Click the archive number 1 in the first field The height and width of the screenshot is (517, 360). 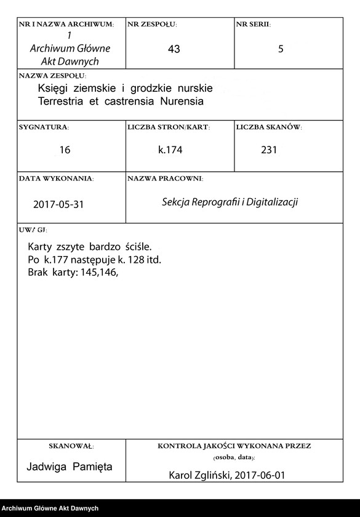68,36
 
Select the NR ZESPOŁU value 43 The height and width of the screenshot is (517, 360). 174,49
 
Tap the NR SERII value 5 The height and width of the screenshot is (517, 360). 281,49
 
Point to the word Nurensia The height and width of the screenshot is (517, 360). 182,100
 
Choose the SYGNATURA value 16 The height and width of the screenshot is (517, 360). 65,150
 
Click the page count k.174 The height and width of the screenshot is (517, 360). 170,150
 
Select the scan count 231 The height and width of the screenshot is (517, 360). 269,150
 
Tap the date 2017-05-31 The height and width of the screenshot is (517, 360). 58,205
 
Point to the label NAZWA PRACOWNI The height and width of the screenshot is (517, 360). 165,178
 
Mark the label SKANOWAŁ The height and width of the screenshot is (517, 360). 71,445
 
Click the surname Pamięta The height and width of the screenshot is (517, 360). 92,467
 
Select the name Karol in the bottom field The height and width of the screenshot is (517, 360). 181,476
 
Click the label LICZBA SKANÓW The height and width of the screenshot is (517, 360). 268,127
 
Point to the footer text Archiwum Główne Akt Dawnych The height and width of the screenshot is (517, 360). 50,508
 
